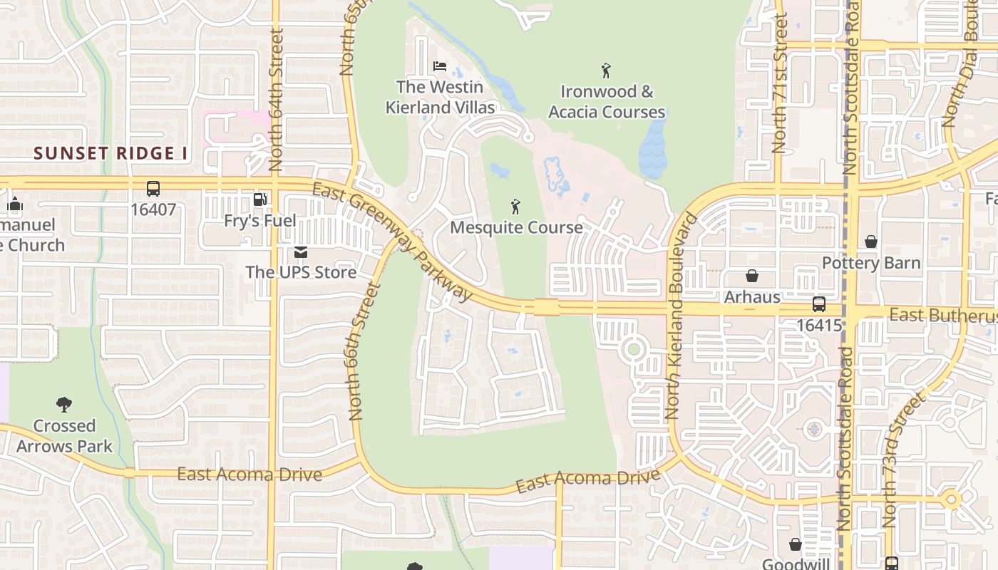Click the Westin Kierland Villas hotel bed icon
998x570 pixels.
coord(440,66)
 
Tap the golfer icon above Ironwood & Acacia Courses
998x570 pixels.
coord(606,71)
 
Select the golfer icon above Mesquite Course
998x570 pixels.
coord(515,207)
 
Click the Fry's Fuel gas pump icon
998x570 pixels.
coord(260,200)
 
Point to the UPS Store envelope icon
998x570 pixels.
coord(301,252)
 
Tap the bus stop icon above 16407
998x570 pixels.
coord(153,189)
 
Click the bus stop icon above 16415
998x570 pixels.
coord(819,304)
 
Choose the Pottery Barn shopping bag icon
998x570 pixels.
coord(870,242)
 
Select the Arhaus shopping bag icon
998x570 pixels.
coord(752,276)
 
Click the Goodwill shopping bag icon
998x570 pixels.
coord(796,545)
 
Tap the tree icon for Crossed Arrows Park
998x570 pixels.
coord(64,405)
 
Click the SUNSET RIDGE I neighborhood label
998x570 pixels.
coord(110,153)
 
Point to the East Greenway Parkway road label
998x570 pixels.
coord(393,242)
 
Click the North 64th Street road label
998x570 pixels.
coord(277,100)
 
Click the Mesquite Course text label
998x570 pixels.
coord(516,228)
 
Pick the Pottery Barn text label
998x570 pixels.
coord(871,263)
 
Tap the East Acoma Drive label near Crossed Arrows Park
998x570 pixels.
coord(249,475)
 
